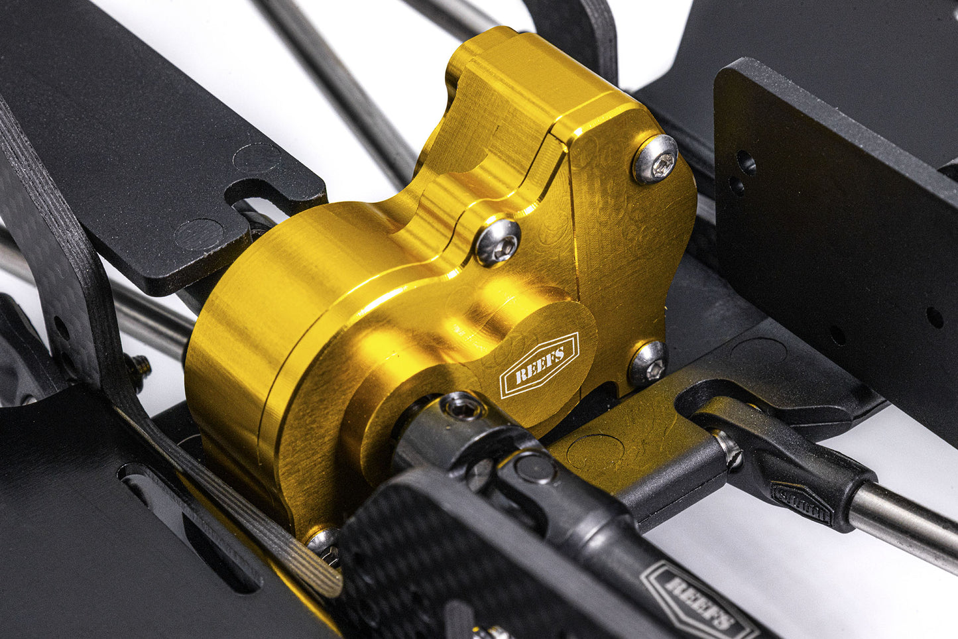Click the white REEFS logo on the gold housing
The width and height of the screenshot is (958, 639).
(539, 366)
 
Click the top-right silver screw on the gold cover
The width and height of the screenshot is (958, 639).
(656, 159)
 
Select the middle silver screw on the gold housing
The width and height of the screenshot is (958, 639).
(499, 243)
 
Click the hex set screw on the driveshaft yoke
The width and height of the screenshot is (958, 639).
(462, 408)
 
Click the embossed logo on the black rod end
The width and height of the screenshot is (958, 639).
(801, 502)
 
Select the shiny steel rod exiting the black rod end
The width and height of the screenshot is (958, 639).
(903, 526)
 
